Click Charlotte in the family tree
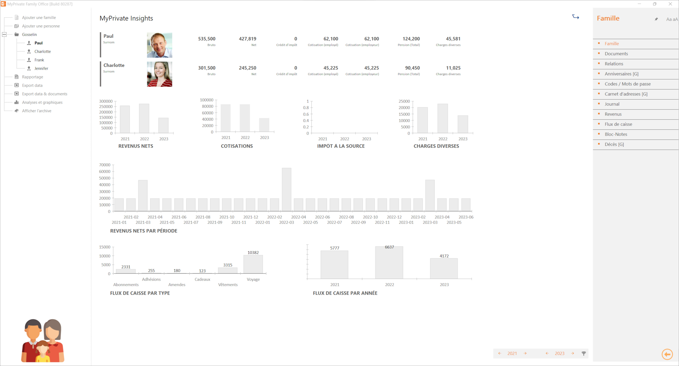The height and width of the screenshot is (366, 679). click(x=42, y=51)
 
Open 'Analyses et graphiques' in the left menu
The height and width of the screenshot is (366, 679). click(x=42, y=102)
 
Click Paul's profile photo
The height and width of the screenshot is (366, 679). click(x=159, y=45)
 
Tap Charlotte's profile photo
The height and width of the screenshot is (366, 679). click(x=159, y=74)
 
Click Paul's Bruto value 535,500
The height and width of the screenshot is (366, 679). click(x=207, y=39)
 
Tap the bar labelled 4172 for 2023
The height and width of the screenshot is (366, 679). click(x=444, y=268)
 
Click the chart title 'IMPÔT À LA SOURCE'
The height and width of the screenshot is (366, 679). click(x=341, y=146)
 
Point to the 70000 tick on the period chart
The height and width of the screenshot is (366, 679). click(x=105, y=165)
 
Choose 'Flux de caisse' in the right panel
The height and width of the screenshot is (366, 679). click(x=618, y=124)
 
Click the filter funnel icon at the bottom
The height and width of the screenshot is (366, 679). click(x=584, y=353)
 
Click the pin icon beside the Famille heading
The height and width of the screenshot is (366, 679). click(x=656, y=19)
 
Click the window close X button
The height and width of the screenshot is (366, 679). click(x=670, y=4)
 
